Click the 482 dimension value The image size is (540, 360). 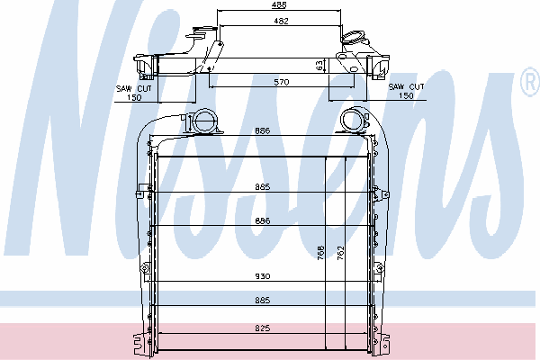click(x=281, y=21)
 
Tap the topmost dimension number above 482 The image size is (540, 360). click(x=279, y=4)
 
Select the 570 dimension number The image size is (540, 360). click(x=282, y=82)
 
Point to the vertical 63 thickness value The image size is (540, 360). click(x=319, y=66)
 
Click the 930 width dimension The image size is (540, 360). click(x=263, y=276)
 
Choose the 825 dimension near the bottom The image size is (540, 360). click(x=263, y=328)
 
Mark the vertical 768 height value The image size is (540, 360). click(x=320, y=253)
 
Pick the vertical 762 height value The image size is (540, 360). click(x=340, y=253)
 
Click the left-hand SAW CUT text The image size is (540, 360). click(x=134, y=88)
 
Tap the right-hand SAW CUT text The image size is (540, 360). click(x=407, y=86)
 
